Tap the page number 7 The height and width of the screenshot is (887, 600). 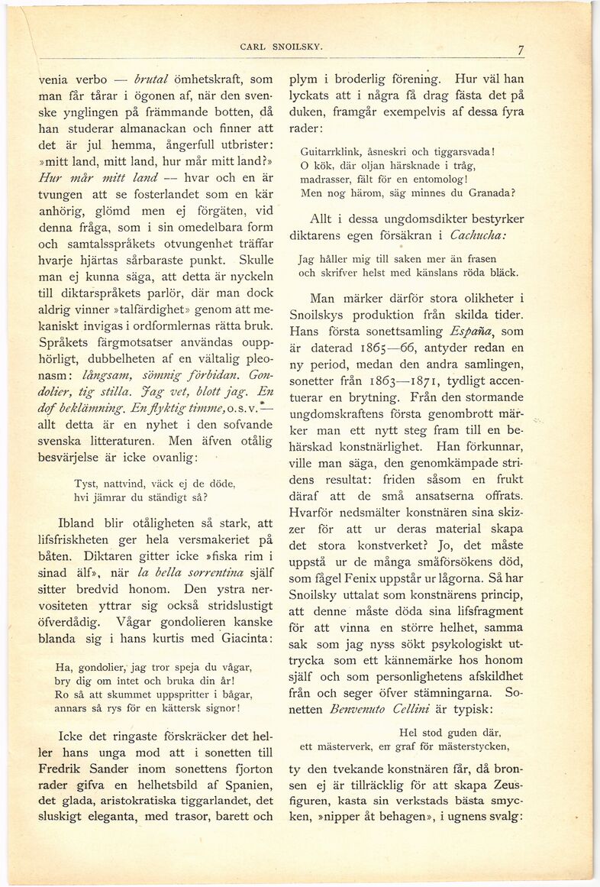pyautogui.click(x=520, y=51)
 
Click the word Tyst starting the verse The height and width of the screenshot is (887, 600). pyautogui.click(x=85, y=483)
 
